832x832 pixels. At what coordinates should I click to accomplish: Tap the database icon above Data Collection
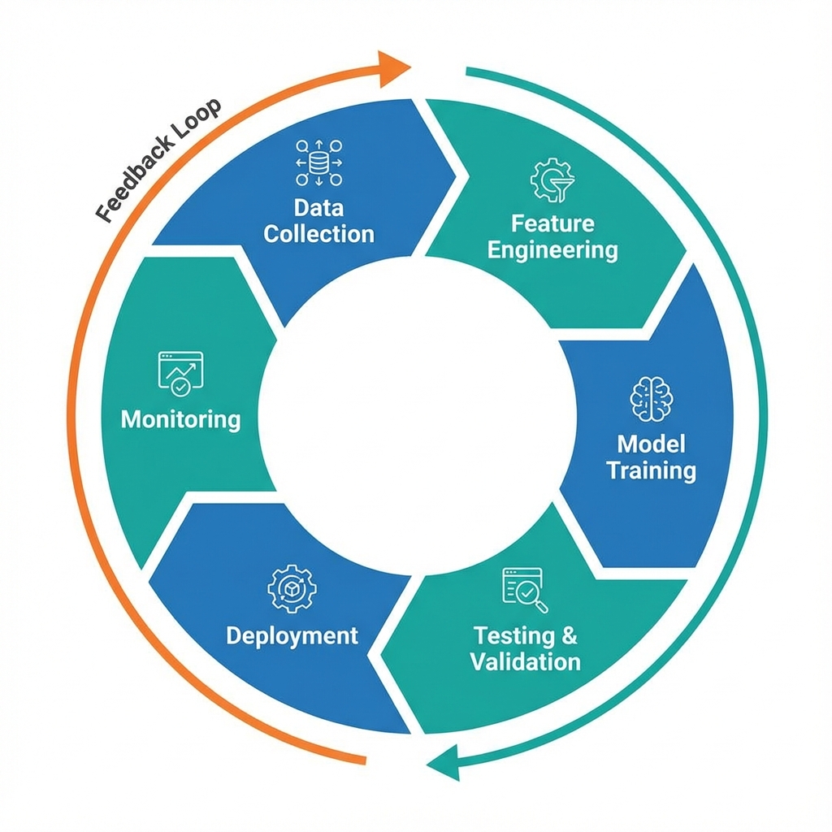[x=318, y=162]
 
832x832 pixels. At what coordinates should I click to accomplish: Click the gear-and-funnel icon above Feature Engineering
[x=552, y=180]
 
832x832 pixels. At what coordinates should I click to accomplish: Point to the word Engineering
[x=552, y=249]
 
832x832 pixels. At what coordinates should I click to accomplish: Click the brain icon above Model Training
[x=652, y=399]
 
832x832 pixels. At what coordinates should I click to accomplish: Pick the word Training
[x=652, y=470]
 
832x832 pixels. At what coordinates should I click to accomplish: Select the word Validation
[x=526, y=661]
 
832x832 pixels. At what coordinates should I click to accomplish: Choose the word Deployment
[x=292, y=635]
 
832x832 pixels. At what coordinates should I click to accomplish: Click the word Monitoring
[x=180, y=419]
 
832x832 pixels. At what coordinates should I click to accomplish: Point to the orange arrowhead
[x=397, y=65]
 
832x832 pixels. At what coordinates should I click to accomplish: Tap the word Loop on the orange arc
[x=200, y=119]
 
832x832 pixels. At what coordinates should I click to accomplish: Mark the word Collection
[x=318, y=234]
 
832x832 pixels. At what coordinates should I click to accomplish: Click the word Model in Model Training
[x=652, y=444]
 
